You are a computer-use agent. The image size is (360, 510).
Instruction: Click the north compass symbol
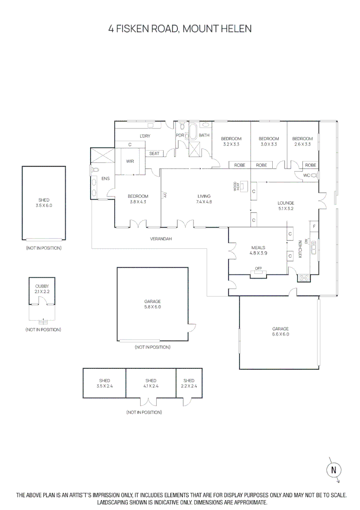334,469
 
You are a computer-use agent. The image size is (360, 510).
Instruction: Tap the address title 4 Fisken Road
180,29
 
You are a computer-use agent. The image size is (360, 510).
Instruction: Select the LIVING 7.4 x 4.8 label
204,199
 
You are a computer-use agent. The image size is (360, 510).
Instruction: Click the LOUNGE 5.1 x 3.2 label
285,205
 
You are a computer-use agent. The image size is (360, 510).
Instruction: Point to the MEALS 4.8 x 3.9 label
258,250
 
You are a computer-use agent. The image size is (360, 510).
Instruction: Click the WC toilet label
307,175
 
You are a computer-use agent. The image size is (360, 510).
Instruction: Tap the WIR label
130,161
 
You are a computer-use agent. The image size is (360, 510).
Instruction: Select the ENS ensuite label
106,179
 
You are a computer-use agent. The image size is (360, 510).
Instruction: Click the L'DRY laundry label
145,136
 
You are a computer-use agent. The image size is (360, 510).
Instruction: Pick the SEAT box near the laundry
154,153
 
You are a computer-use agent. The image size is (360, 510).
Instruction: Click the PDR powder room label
180,136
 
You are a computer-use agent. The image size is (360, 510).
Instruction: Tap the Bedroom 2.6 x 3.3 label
302,142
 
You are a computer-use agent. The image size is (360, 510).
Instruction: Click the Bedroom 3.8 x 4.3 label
138,199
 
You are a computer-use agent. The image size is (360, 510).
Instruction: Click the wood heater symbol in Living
243,186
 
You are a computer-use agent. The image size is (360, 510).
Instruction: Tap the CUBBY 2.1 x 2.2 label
42,289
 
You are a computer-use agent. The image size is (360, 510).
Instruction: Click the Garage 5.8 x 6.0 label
152,304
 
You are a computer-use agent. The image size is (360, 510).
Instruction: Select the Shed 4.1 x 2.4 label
151,383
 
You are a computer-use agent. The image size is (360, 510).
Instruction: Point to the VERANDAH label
161,239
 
